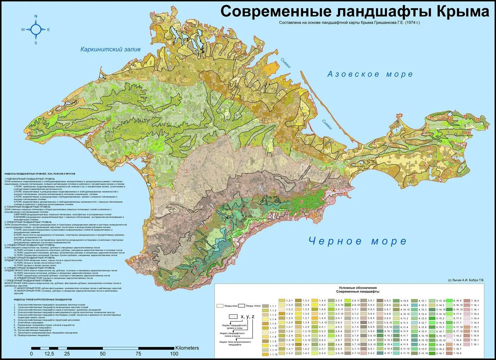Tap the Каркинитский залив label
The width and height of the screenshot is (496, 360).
(111, 49)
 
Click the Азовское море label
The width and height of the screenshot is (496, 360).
(370, 74)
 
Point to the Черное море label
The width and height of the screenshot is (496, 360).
(357, 241)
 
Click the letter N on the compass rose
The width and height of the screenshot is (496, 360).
(36, 16)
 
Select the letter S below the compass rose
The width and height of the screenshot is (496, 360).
(36, 43)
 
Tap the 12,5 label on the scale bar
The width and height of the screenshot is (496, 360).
(49, 354)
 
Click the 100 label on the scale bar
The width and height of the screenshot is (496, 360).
(174, 354)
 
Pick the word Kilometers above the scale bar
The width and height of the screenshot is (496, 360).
(187, 348)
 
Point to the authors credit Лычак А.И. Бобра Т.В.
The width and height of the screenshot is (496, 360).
(466, 280)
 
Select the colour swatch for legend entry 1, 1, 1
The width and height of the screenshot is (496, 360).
(265, 305)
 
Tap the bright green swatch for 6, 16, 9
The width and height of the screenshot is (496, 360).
(450, 300)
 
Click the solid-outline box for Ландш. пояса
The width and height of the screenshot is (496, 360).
(242, 305)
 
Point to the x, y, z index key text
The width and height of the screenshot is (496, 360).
(247, 316)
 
